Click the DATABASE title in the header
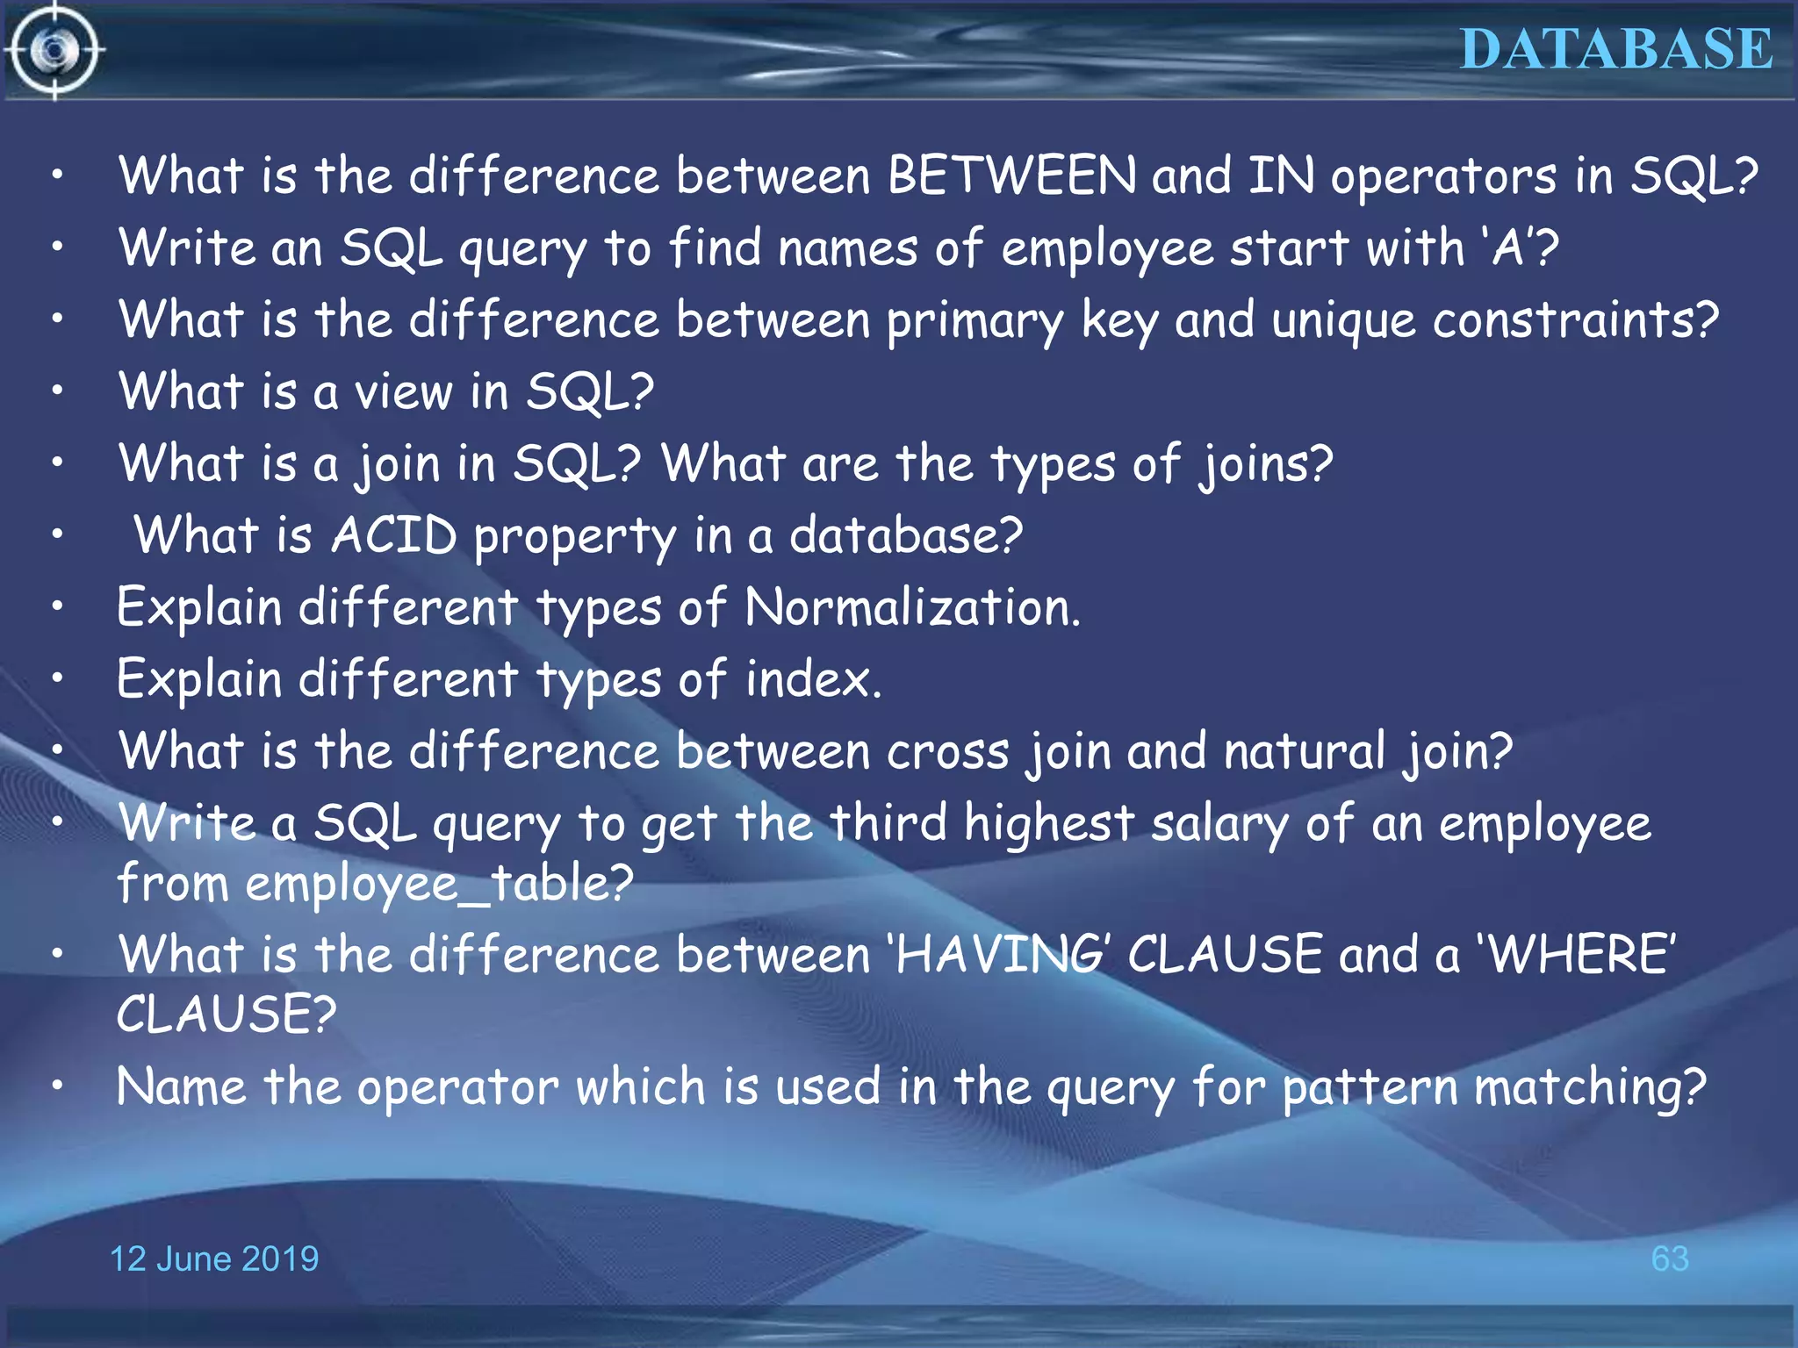1616,49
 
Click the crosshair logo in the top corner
54,51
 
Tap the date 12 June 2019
214,1259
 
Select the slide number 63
1669,1259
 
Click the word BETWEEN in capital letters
1011,176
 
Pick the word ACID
394,535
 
